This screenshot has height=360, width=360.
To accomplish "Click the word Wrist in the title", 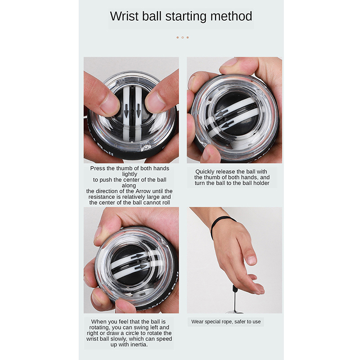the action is tap(124, 16).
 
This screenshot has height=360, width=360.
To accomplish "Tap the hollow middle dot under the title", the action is tap(183, 37).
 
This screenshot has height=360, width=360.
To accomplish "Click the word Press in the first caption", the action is tap(98, 168).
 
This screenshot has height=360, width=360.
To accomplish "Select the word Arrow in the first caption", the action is tap(143, 191).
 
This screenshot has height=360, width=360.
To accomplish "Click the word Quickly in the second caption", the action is tap(205, 172).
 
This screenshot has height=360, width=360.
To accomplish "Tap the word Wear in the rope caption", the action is tap(197, 322).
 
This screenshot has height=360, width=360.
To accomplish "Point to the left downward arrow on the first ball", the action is tap(126, 111).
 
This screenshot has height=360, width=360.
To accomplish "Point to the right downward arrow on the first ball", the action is tap(139, 110).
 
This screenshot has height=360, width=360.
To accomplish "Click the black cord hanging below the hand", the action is tap(234, 298).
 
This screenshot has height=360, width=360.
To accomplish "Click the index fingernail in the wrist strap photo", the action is tap(252, 260).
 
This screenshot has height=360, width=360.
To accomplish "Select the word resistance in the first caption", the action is tap(102, 197).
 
